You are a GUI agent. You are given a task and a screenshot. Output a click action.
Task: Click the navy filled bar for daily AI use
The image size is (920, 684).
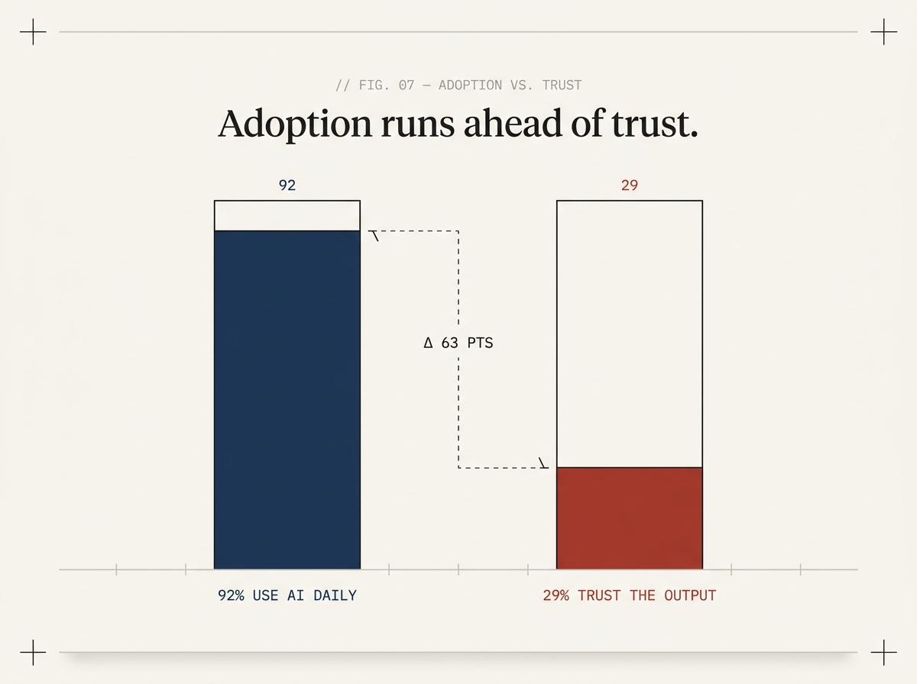(x=287, y=399)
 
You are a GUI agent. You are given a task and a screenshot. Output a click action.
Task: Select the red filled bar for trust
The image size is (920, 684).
(x=629, y=518)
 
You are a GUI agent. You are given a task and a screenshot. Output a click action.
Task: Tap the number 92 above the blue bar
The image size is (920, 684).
(x=287, y=185)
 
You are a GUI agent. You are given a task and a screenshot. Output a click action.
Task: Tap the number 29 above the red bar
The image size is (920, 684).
(x=629, y=185)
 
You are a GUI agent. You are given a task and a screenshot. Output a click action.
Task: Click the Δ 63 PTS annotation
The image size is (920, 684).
(x=458, y=343)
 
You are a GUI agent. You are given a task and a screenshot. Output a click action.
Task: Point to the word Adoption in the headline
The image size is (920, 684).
(x=295, y=124)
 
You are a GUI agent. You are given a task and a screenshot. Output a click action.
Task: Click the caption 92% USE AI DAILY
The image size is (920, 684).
(x=287, y=595)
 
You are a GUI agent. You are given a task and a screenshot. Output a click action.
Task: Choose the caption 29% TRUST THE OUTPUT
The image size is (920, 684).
(x=629, y=595)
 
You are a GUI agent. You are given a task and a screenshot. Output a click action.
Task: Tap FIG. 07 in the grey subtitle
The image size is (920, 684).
(x=387, y=85)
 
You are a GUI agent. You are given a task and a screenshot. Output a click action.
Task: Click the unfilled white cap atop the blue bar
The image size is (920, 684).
(x=287, y=215)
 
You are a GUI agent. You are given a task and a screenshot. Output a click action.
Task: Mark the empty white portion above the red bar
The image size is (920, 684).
(x=629, y=334)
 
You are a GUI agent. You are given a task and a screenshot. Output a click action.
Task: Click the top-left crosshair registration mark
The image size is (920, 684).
(x=33, y=31)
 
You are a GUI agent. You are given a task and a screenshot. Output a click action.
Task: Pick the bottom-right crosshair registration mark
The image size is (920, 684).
(x=883, y=653)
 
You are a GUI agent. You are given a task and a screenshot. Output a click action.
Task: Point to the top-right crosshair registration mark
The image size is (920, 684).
(x=883, y=31)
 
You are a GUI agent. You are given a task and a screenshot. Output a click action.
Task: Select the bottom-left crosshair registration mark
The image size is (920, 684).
(x=33, y=653)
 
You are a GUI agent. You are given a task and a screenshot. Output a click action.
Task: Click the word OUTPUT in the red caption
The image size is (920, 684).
(x=690, y=595)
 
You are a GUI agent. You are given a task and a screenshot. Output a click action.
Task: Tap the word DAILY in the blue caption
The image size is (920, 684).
(x=335, y=595)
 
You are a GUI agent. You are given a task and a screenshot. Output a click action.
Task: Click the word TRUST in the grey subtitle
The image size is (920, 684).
(x=562, y=85)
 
